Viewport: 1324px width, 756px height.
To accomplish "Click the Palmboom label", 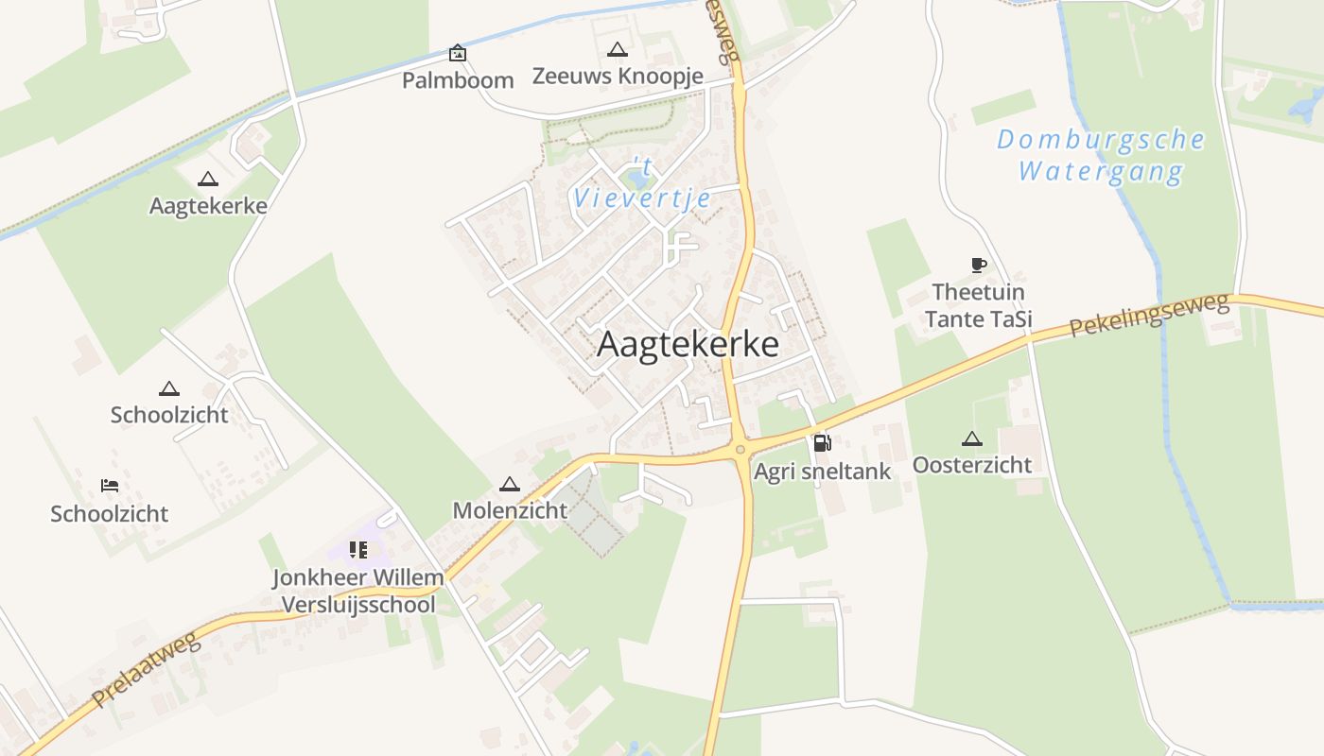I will (458, 80).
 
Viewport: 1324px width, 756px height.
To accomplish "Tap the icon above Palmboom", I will (458, 53).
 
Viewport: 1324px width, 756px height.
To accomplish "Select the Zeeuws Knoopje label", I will (618, 76).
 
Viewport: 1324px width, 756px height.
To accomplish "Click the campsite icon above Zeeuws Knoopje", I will (618, 49).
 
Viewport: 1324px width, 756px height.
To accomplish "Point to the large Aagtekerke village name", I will (688, 345).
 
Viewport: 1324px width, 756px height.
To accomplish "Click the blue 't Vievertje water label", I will (641, 185).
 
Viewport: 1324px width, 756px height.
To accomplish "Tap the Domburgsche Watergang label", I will (1101, 156).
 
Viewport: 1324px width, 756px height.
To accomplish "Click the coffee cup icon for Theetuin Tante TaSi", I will (978, 265).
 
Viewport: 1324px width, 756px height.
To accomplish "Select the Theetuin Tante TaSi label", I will (978, 305).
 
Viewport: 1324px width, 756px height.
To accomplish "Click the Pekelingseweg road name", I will (1150, 315).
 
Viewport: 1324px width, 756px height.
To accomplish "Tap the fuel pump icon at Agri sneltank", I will (822, 442).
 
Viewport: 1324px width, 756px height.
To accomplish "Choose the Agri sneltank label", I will (822, 471).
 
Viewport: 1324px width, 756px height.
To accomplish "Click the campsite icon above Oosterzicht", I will (971, 438).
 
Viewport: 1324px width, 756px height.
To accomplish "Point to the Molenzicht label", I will (510, 510).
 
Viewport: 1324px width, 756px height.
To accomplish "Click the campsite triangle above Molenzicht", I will (510, 484).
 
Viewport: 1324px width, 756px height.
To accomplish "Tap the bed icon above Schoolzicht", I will (110, 486).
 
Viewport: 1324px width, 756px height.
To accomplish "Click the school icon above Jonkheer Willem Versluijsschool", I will (357, 549).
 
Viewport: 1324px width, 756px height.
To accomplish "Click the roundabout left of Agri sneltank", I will (740, 451).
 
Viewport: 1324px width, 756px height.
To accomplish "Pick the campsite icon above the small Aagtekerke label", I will (208, 179).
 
